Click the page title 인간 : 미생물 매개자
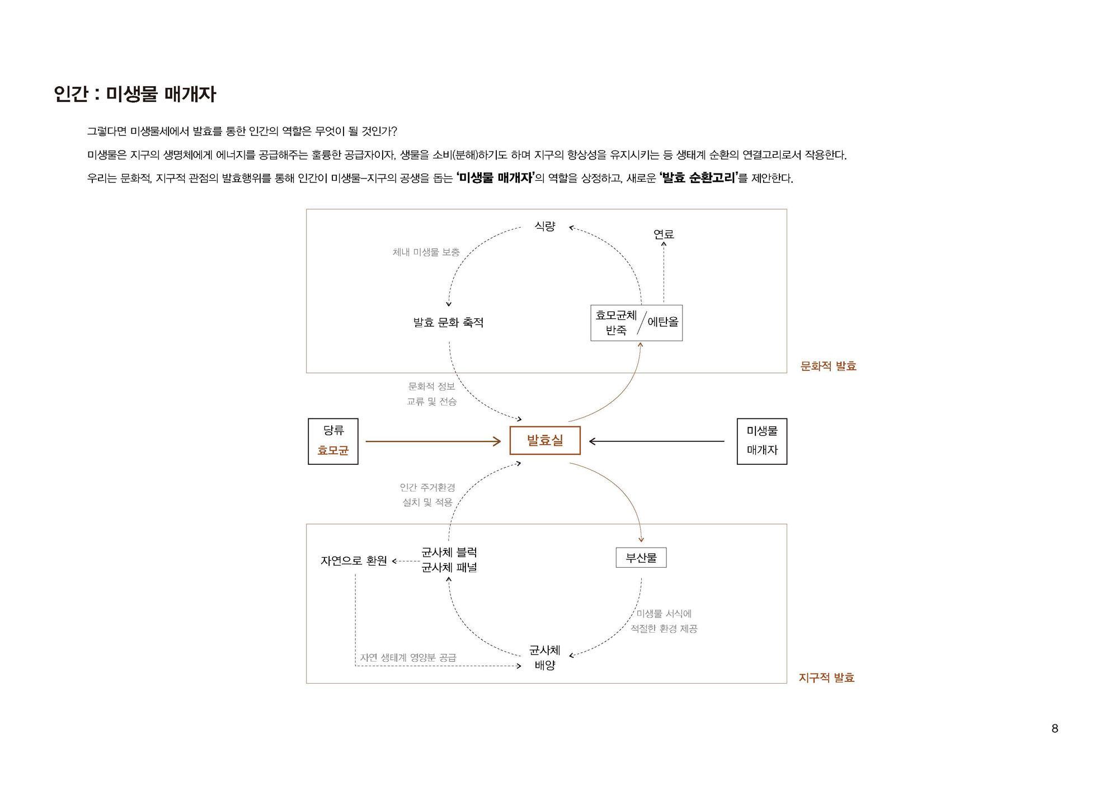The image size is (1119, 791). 135,94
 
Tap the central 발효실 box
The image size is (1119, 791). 545,441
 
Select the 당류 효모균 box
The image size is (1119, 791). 333,441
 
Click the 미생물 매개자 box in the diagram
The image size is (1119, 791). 762,441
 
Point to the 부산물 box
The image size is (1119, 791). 641,558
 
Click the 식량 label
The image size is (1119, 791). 545,226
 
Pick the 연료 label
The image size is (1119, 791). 664,234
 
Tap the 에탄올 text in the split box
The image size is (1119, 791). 663,322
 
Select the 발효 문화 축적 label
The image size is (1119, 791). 448,323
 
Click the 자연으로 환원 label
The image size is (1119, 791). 354,561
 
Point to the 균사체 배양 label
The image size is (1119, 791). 545,658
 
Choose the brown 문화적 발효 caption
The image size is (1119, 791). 829,366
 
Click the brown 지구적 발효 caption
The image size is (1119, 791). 826,678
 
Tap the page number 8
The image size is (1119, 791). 1055,728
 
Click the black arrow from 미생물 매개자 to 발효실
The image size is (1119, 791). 657,441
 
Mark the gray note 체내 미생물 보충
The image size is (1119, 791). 426,252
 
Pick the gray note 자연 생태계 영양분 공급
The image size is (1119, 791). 408,657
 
